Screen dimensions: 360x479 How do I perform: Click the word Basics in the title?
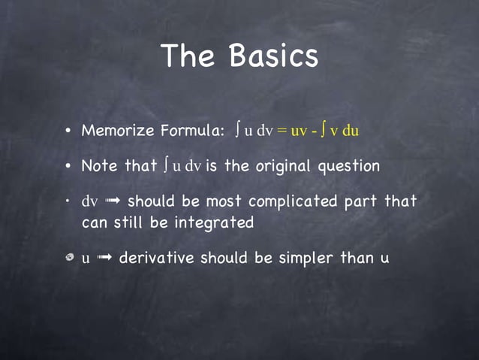274,56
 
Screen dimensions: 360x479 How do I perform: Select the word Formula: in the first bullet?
191,131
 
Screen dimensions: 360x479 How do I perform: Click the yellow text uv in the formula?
299,131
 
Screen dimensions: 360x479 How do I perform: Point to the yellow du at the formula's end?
351,131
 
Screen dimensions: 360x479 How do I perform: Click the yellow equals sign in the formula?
282,131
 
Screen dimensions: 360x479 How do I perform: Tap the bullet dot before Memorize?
68,132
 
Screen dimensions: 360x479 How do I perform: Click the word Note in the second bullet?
98,166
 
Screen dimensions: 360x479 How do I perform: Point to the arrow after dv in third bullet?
112,202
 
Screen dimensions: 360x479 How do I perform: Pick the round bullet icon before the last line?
68,259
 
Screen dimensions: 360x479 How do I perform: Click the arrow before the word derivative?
104,259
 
